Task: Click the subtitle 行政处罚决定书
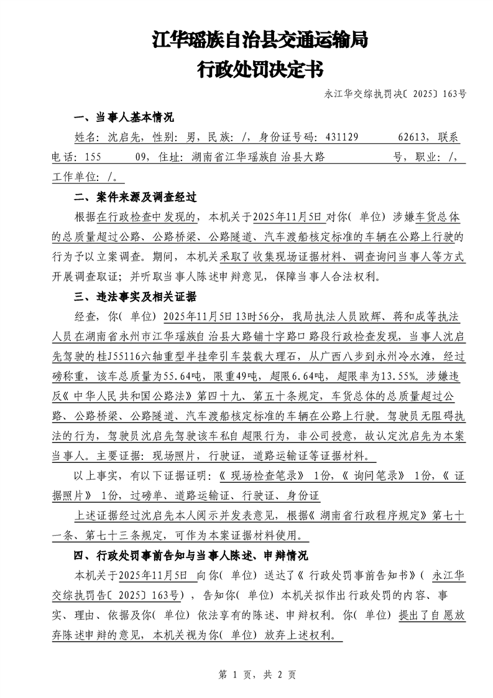pos(260,68)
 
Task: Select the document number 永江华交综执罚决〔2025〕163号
pos(395,94)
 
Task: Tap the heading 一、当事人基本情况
pos(124,117)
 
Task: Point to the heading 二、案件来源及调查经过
pos(135,197)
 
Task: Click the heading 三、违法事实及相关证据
pos(135,295)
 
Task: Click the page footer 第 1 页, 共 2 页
pos(246,674)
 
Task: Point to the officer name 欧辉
pos(377,316)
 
